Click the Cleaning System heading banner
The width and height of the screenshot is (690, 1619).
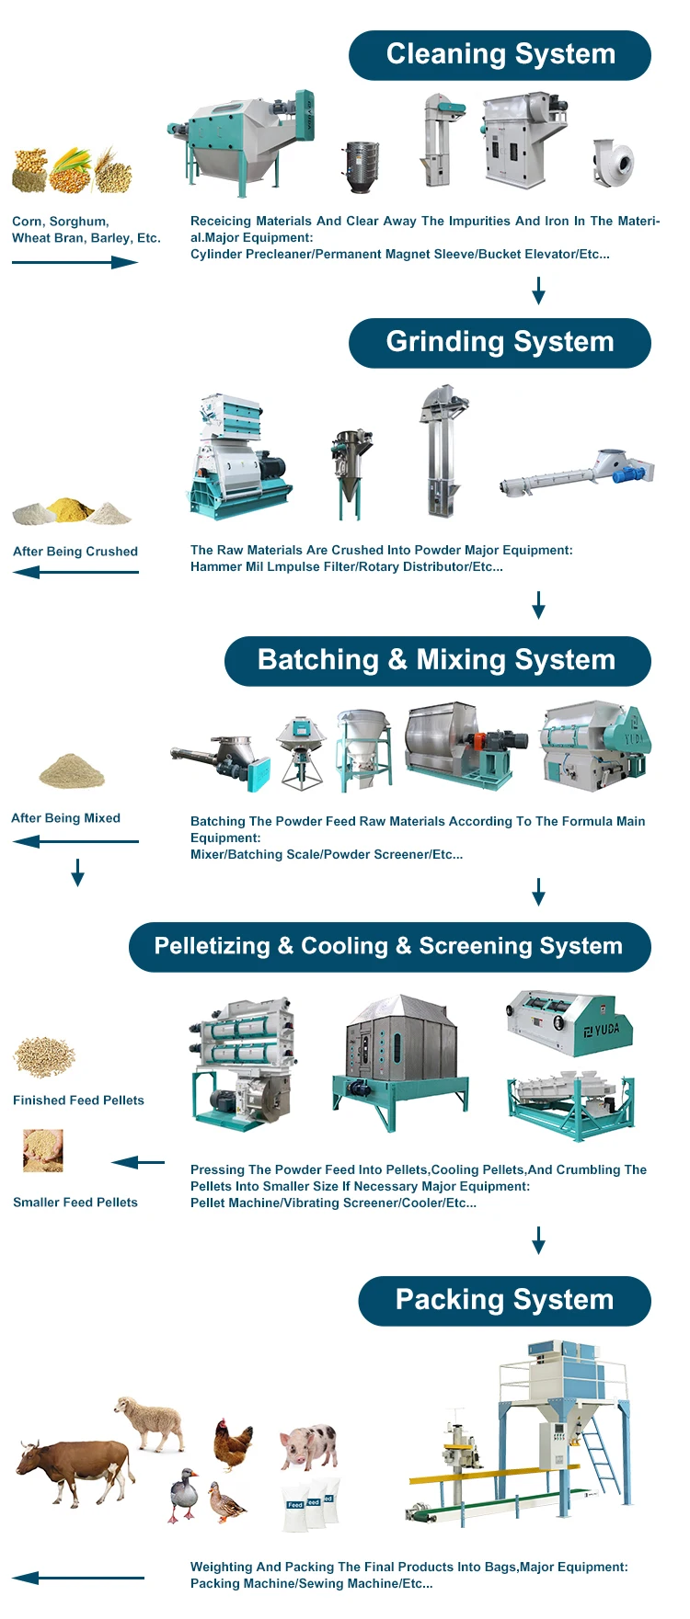tap(500, 55)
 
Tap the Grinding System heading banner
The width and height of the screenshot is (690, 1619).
tap(500, 343)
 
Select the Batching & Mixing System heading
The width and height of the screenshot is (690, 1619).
tap(437, 661)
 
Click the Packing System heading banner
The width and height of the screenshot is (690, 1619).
tap(504, 1301)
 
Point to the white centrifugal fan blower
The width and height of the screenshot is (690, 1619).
tap(613, 163)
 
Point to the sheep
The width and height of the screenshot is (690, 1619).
tap(152, 1421)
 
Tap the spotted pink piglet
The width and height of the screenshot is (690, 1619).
tap(310, 1445)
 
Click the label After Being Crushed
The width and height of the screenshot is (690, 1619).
tap(75, 552)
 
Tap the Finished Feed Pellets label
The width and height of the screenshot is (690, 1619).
tap(78, 1100)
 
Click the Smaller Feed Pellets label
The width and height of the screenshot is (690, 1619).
tap(75, 1203)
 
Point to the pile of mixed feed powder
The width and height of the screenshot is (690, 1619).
tap(72, 771)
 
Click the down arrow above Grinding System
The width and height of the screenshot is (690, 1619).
tap(539, 291)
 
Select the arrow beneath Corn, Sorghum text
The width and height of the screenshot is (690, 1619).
tap(75, 262)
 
